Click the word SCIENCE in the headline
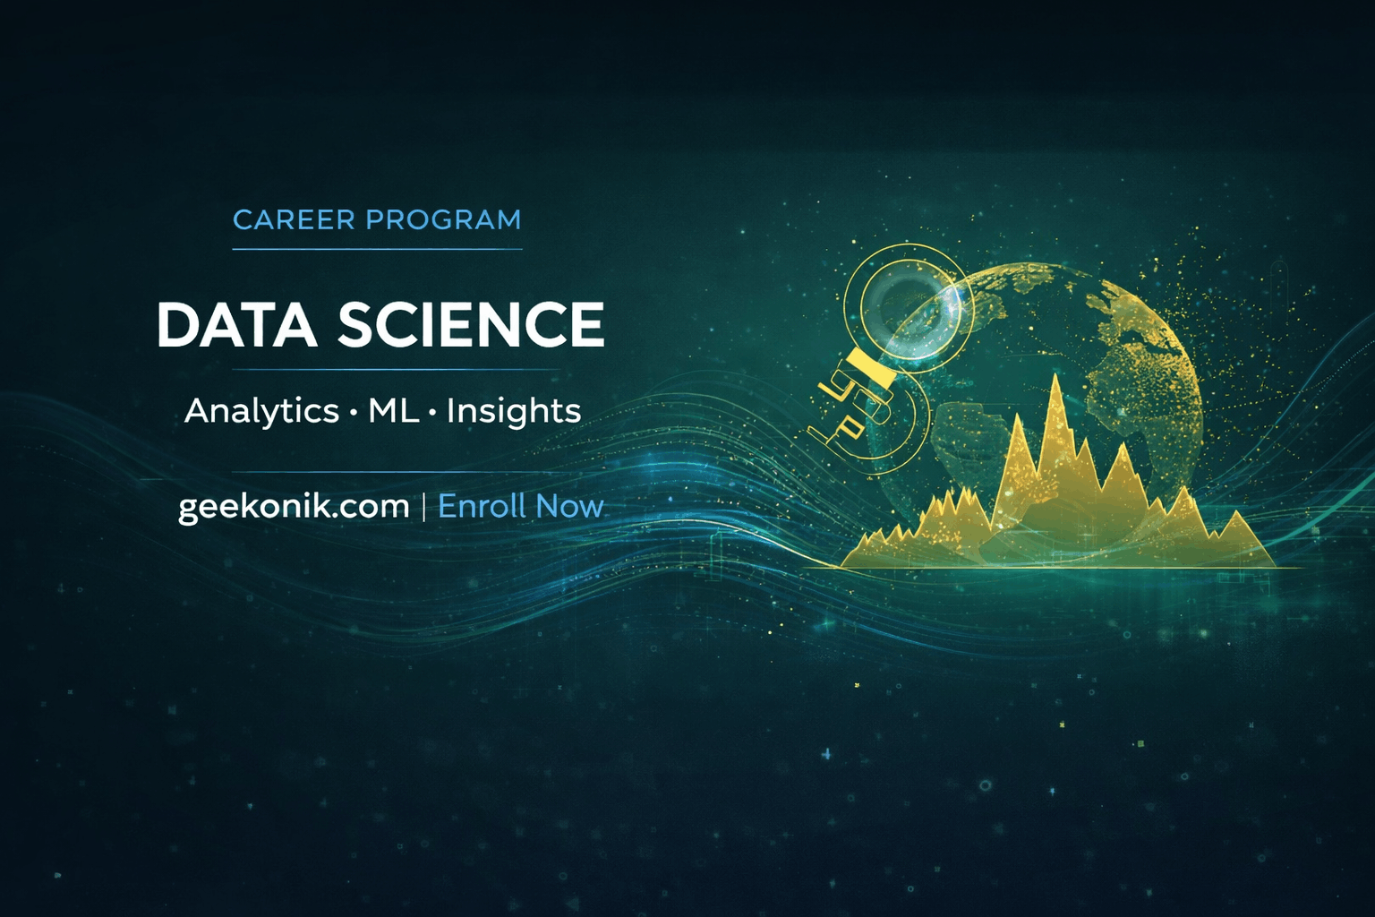point(471,324)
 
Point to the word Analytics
point(261,411)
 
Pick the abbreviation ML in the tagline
point(394,411)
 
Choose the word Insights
point(514,411)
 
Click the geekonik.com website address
point(294,507)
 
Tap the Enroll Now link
point(520,507)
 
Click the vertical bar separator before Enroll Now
point(423,507)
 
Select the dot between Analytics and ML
point(354,413)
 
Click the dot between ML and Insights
point(433,413)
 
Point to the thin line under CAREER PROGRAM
point(377,248)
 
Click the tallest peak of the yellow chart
point(1056,385)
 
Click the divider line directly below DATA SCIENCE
point(396,369)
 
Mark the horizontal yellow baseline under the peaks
point(1056,567)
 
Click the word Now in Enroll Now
point(569,507)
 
